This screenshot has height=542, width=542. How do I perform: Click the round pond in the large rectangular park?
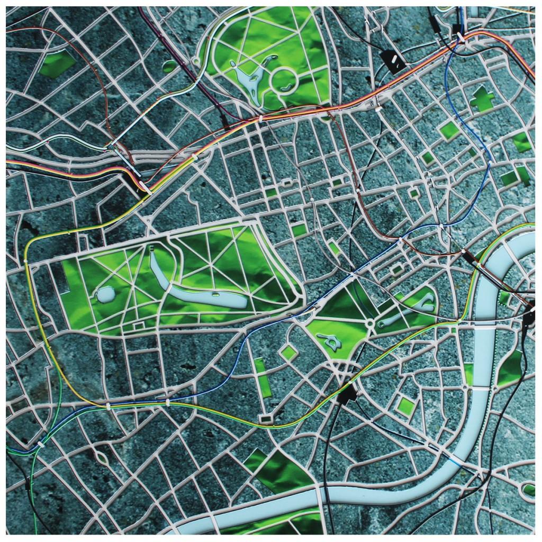[105, 294]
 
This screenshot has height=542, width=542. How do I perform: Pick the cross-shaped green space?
[482, 98]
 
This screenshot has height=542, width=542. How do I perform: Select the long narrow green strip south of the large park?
[263, 377]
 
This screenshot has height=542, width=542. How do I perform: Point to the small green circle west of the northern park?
[169, 66]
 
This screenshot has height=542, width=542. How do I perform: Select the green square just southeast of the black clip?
[406, 406]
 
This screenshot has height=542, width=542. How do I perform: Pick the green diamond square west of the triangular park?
[289, 352]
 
